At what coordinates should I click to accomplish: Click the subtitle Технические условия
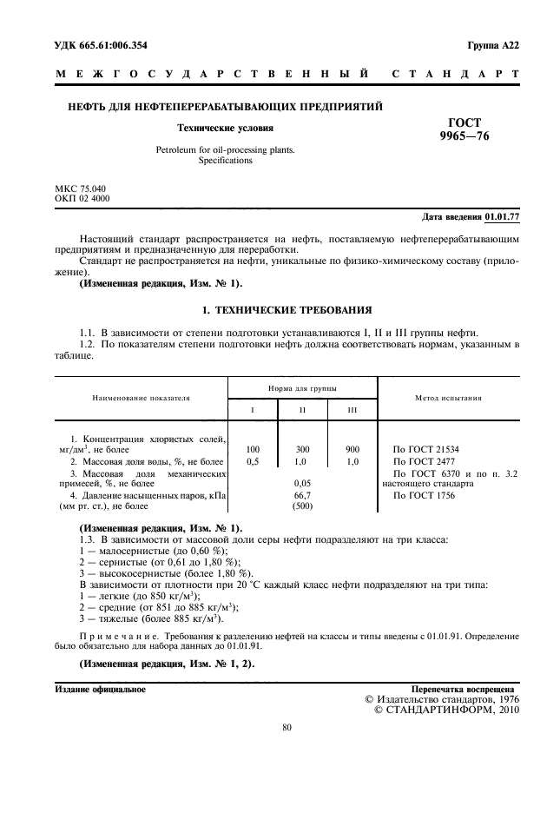coord(214,127)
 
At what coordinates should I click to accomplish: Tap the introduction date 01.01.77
coord(502,215)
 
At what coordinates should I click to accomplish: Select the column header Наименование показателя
coord(141,398)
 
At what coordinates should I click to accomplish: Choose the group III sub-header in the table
coord(352,408)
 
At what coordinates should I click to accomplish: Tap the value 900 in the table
coord(352,449)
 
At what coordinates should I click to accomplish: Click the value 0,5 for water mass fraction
coord(253,461)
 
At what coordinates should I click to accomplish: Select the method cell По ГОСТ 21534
coord(427,449)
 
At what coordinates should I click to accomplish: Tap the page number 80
coord(287,728)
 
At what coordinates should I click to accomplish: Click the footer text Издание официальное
coord(100,689)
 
